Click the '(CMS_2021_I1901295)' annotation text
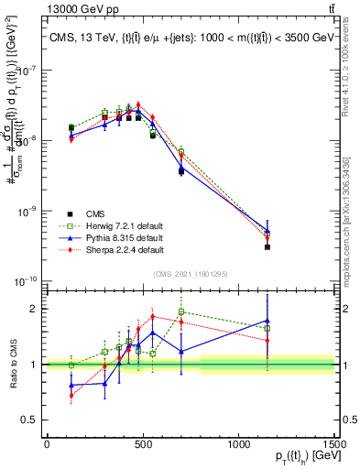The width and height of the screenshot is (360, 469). (191, 274)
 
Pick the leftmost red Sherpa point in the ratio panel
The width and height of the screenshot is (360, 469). (71, 396)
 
